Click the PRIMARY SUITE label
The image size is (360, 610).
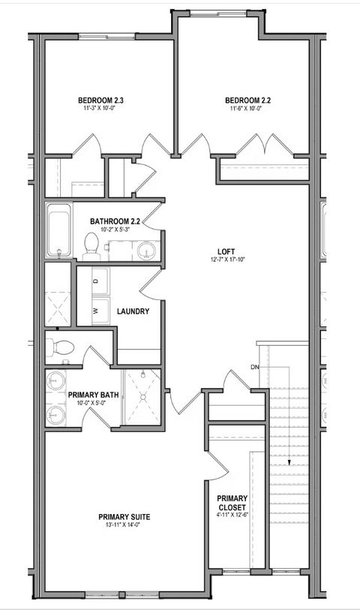coord(124,517)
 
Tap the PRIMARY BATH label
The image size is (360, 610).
coord(90,395)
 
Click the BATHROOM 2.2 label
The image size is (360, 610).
coord(115,221)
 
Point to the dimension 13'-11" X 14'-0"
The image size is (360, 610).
coord(124,526)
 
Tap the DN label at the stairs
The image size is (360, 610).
coord(256,368)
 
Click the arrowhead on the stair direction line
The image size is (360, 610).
coord(289,463)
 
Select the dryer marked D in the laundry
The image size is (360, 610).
coord(95,280)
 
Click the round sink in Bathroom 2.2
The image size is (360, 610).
coord(145,249)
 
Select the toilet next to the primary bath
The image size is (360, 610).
coord(60,347)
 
